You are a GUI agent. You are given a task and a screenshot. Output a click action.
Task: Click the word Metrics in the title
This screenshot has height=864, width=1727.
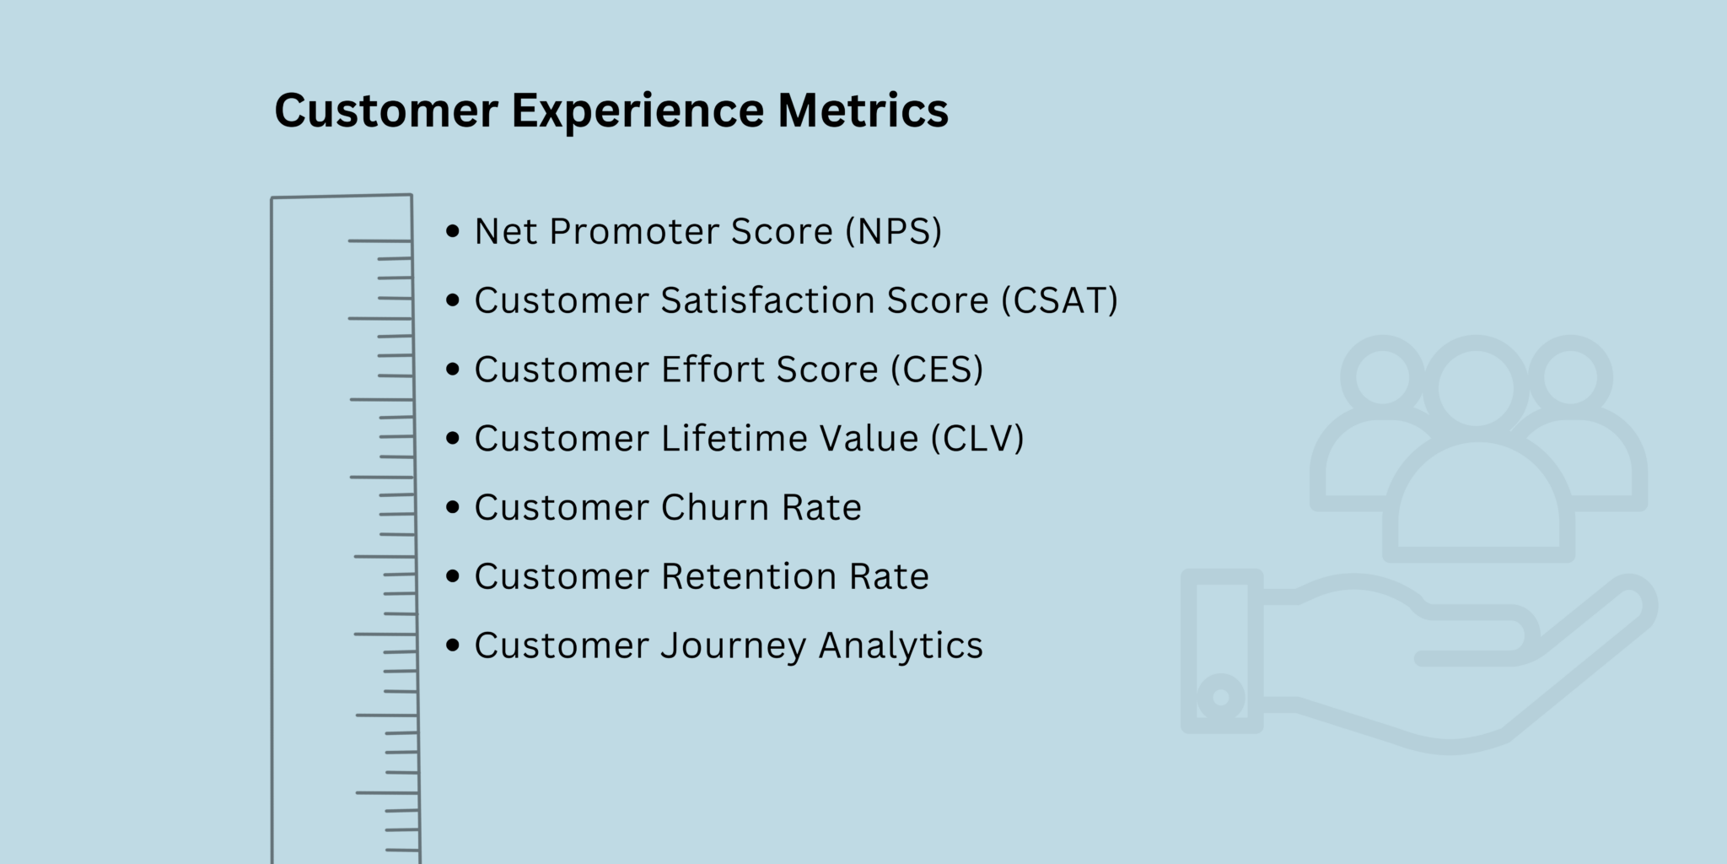coord(863,111)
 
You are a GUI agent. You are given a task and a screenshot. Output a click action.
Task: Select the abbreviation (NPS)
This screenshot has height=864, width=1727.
coord(894,231)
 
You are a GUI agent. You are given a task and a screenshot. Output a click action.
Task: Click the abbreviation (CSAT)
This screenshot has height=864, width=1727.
coord(1059,300)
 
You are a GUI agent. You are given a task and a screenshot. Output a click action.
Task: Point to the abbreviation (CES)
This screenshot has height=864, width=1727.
coord(937,370)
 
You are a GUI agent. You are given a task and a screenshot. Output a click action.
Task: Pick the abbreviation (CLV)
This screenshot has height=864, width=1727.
coord(977,439)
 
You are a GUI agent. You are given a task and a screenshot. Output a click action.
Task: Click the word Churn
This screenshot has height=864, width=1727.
coord(714,507)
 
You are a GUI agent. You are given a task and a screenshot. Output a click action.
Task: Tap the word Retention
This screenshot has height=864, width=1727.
coord(748,576)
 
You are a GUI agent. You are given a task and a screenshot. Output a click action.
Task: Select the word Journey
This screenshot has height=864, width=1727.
coord(733,646)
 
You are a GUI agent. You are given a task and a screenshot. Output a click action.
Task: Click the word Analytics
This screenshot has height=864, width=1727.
coord(901,646)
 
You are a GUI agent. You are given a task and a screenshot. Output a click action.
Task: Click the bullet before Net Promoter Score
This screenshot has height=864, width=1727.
coord(454,231)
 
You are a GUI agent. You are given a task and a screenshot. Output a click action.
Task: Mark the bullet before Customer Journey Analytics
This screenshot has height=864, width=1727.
coord(454,645)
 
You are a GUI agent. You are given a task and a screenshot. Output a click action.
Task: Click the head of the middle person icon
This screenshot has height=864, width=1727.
coord(1475,389)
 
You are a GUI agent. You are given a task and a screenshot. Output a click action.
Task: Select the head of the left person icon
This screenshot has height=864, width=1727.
coord(1382,376)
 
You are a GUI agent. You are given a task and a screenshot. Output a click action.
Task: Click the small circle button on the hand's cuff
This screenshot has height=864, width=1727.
coord(1220,698)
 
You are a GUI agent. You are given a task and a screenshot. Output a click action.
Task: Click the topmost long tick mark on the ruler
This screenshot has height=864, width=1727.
coord(379,241)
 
